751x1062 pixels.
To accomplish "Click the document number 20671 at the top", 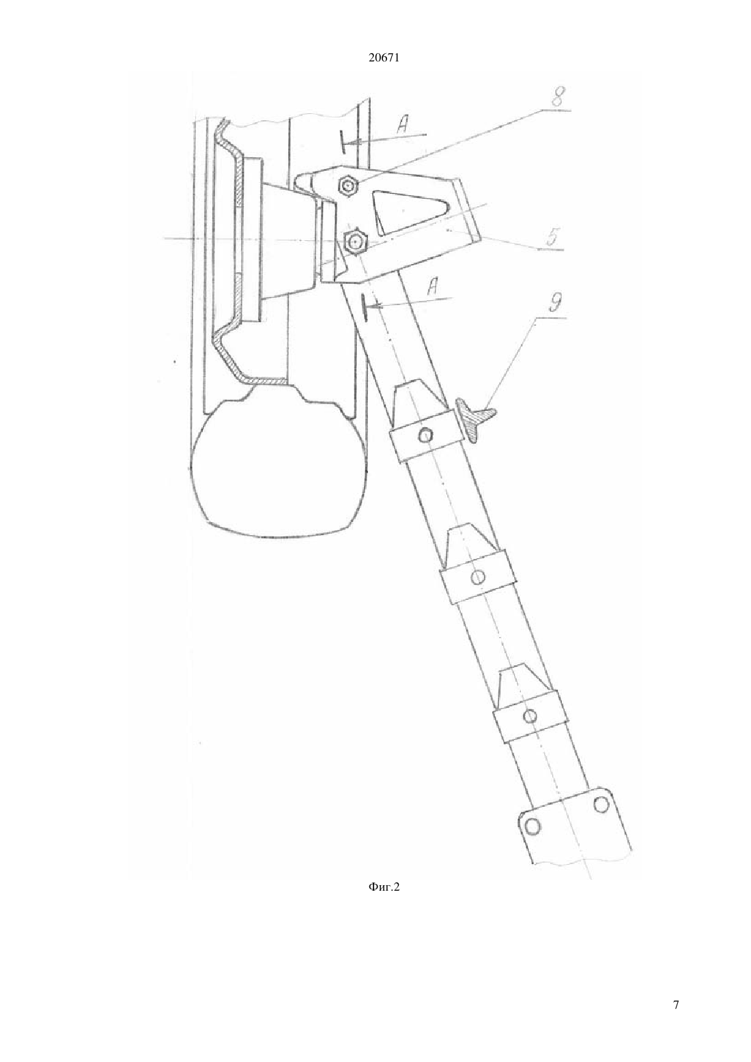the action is [x=384, y=58].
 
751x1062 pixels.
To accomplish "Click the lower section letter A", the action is [x=432, y=287].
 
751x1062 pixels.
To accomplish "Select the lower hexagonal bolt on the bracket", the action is [x=355, y=242].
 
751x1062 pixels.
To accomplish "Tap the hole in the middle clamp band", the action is [x=478, y=577].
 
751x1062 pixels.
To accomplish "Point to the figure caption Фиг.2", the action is [x=384, y=900].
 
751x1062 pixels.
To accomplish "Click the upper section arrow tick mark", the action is [x=342, y=141].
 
